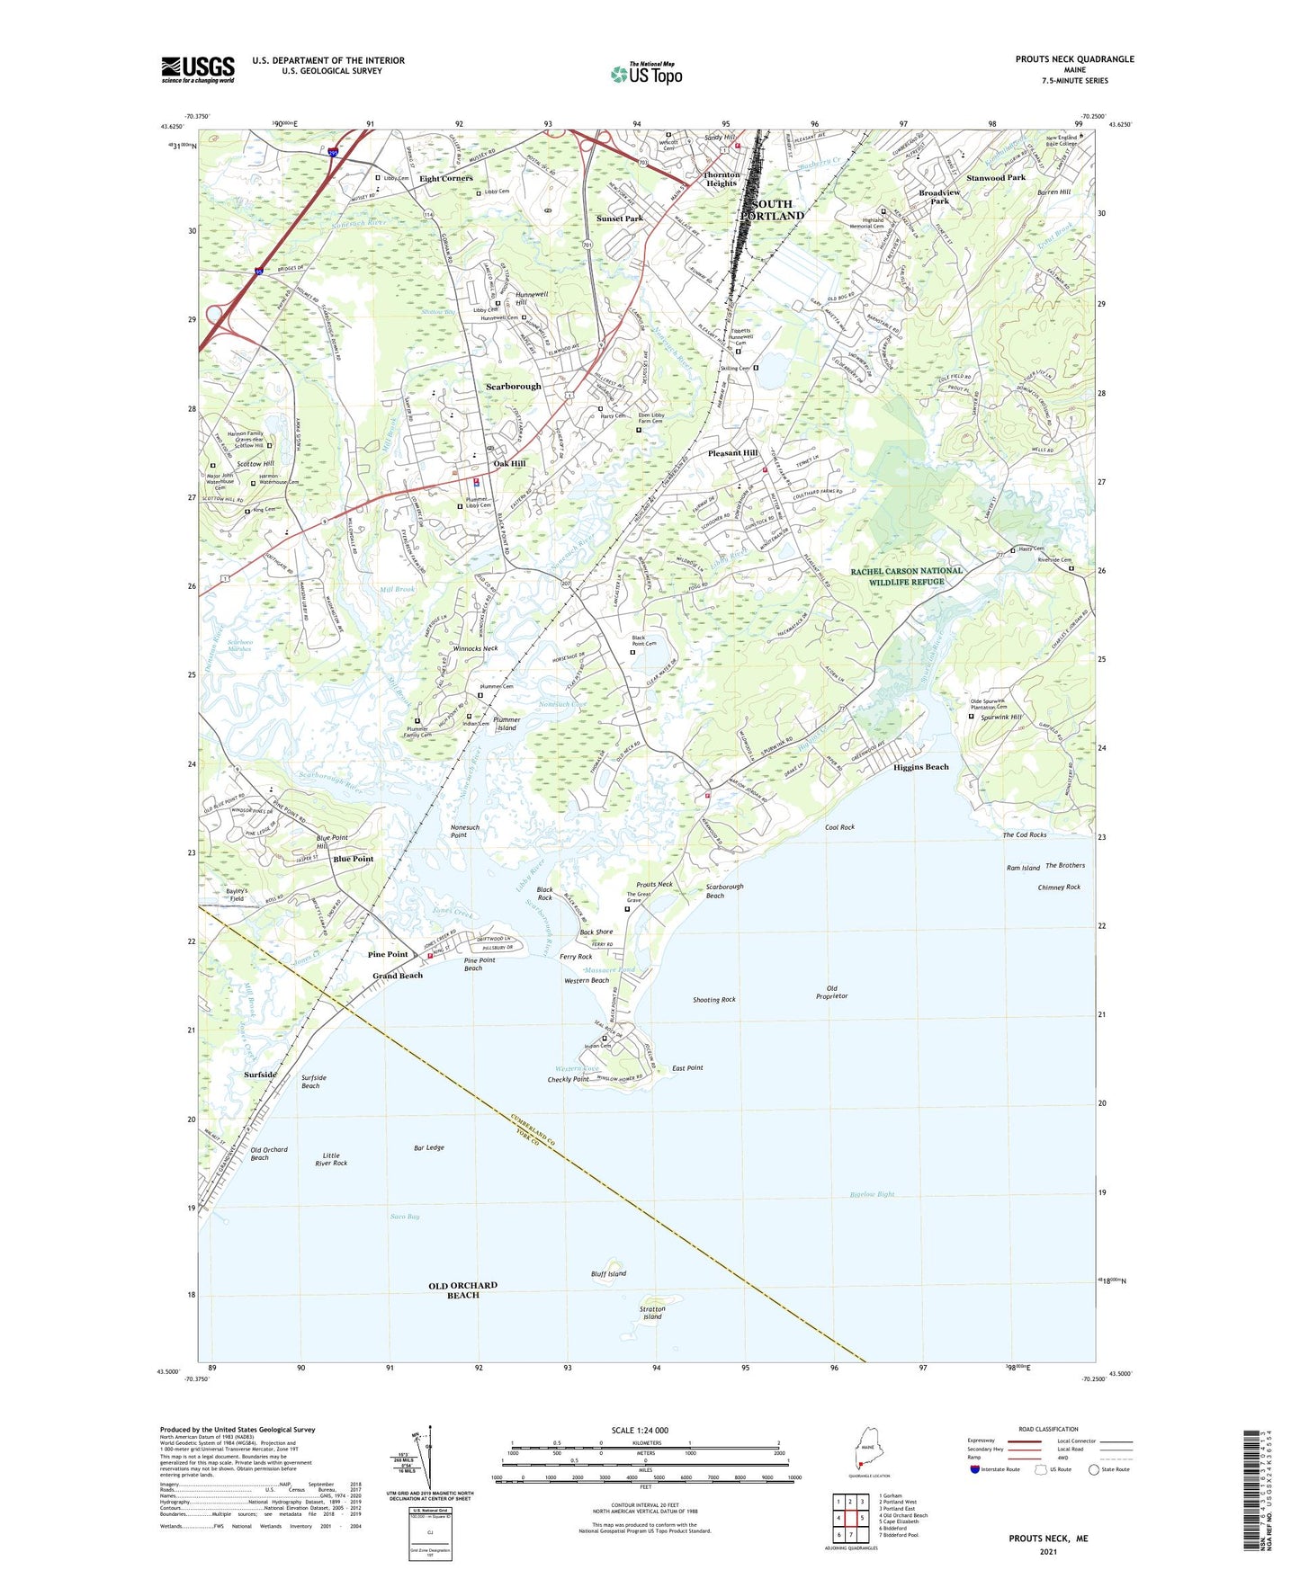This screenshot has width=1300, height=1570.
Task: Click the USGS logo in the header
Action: (x=198, y=69)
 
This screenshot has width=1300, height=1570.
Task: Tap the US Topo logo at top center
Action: (x=646, y=73)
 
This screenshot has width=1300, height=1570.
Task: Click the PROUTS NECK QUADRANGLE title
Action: (x=1074, y=59)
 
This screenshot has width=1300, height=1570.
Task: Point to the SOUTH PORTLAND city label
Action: (x=772, y=210)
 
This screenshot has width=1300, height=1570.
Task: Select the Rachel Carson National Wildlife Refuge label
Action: (x=907, y=575)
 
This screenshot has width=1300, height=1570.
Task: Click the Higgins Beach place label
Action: (x=920, y=767)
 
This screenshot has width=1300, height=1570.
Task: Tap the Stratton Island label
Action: (x=652, y=1313)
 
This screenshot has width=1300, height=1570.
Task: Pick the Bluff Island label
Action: (x=609, y=1273)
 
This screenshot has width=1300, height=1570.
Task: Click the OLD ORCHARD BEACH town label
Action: (x=462, y=1289)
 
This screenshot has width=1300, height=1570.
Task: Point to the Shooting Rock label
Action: (x=713, y=999)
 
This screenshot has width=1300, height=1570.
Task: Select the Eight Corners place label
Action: (x=445, y=178)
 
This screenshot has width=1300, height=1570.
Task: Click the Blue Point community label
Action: (x=353, y=859)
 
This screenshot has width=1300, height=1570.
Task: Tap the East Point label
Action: (x=687, y=1067)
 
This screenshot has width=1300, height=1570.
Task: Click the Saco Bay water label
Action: (x=405, y=1216)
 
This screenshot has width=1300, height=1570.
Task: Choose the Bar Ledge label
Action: (x=429, y=1147)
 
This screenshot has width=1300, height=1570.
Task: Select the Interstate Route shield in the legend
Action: (x=975, y=1469)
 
